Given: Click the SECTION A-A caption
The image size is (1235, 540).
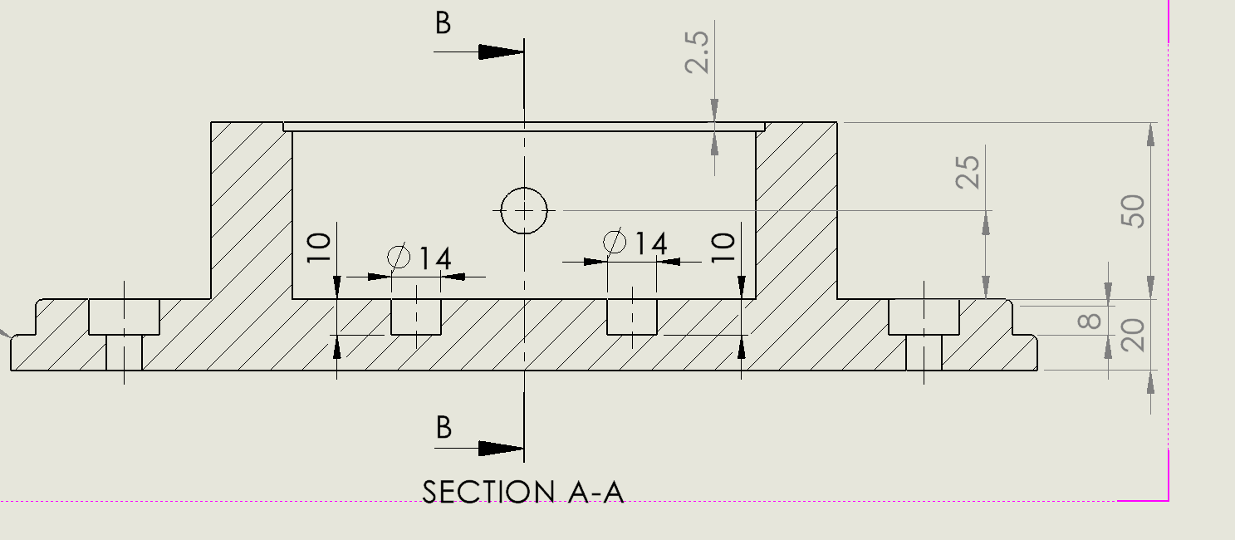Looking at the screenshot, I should click(x=523, y=492).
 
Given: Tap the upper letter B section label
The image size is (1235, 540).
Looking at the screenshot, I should click(x=444, y=23).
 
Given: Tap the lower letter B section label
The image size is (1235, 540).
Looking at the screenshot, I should click(x=444, y=427).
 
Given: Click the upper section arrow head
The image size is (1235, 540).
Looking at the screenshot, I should click(x=501, y=52).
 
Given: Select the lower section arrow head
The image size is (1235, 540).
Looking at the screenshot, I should click(x=501, y=449).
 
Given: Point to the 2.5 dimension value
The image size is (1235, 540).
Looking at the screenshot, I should click(x=698, y=52).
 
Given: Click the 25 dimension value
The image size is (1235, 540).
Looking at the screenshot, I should click(x=968, y=171).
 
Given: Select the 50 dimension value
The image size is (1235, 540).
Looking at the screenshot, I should click(x=1133, y=211).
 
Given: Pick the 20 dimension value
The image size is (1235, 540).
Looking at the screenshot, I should click(x=1133, y=334).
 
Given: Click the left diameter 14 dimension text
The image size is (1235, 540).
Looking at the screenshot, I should click(x=421, y=258).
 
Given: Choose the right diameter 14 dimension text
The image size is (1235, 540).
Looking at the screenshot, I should click(x=636, y=243).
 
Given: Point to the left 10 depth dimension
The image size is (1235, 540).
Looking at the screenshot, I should click(x=319, y=248).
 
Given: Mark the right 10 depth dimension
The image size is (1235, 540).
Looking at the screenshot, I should click(x=723, y=248).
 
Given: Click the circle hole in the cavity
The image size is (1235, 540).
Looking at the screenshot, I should click(x=524, y=211).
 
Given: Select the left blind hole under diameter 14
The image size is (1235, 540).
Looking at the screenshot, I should click(x=416, y=317).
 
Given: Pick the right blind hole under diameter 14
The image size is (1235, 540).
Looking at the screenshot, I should click(x=632, y=317).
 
